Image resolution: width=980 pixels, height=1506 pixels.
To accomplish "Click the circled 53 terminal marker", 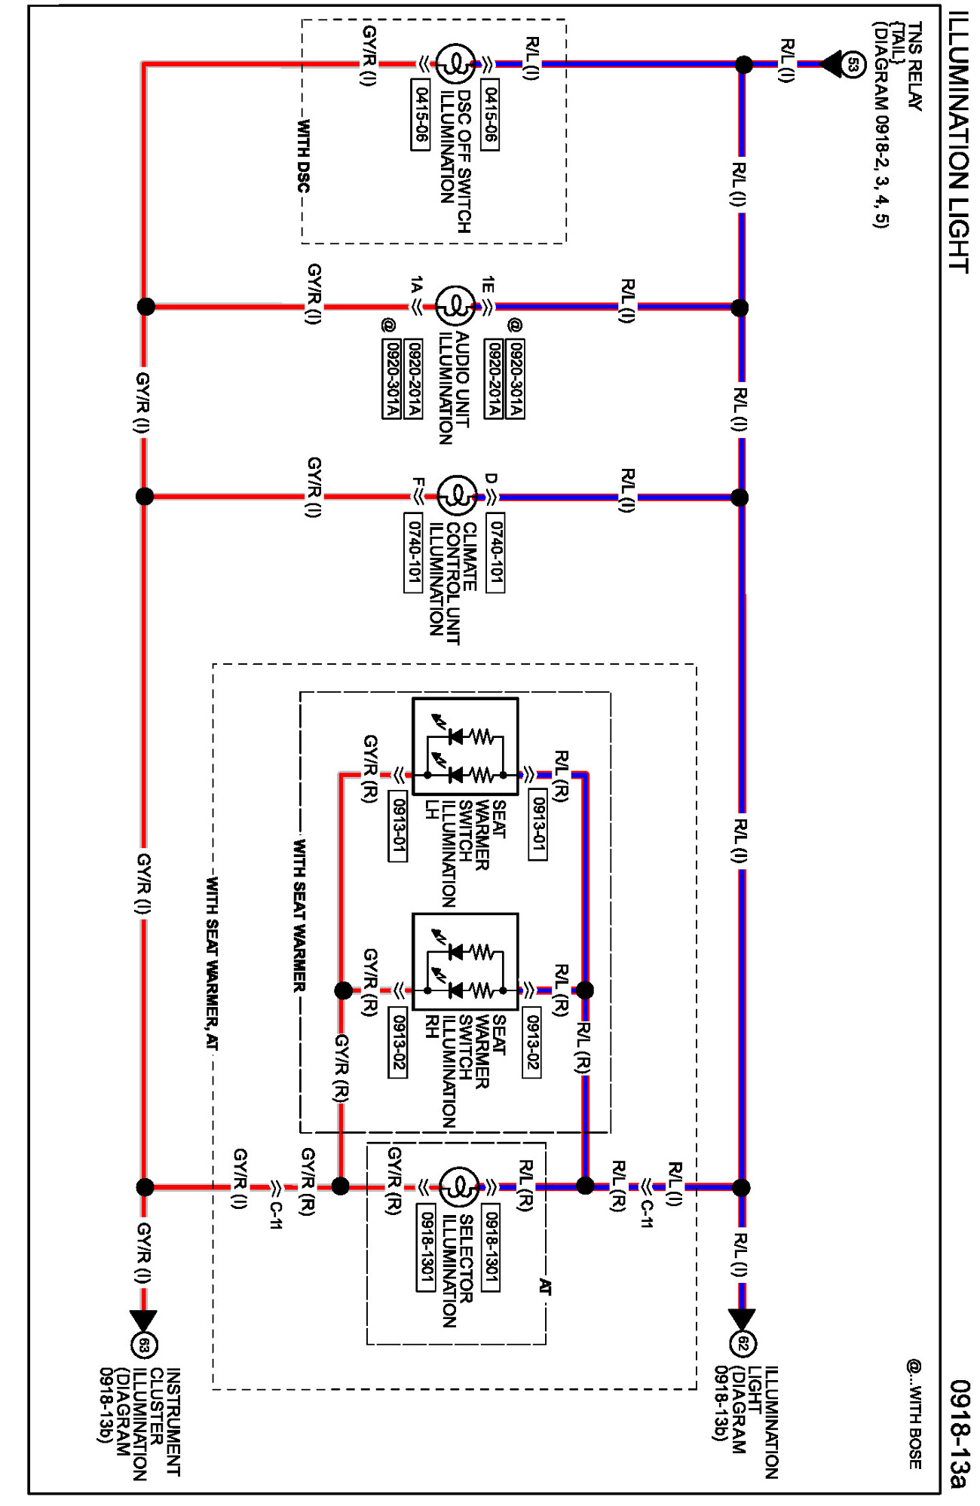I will click(853, 64).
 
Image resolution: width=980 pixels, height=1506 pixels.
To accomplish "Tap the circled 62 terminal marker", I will click(743, 1344).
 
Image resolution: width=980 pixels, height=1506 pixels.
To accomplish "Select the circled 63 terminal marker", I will click(144, 1345).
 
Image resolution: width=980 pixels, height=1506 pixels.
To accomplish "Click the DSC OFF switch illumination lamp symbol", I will click(455, 64).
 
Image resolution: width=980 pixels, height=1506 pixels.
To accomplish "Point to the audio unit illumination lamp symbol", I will click(455, 307).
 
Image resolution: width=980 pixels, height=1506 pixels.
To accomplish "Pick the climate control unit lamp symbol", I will click(456, 497).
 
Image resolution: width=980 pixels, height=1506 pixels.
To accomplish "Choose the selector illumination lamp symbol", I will click(458, 1187).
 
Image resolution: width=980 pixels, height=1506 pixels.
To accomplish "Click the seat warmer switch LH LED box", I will click(465, 746).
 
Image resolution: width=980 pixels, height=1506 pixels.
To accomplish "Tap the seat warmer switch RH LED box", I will click(465, 962).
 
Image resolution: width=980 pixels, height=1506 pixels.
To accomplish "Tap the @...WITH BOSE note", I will click(914, 1414).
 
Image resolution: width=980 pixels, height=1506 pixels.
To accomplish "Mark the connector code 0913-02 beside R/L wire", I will click(531, 1043).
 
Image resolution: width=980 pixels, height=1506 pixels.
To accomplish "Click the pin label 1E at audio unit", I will click(488, 285).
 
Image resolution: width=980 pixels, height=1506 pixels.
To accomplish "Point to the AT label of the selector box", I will click(545, 1287).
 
